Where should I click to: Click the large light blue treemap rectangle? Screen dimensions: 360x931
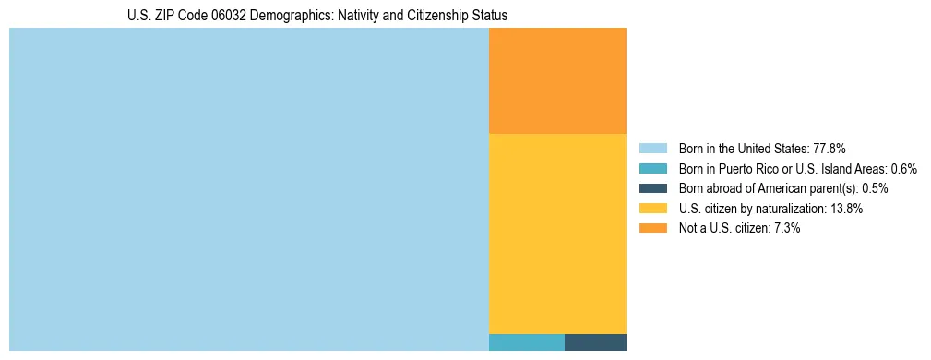[x=248, y=189]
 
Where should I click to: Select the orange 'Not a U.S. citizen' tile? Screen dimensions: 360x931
[x=557, y=81]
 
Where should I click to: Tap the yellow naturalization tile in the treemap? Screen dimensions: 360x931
[x=557, y=234]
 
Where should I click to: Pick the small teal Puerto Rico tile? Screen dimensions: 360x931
[x=526, y=342]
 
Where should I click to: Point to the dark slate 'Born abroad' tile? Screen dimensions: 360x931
[x=595, y=342]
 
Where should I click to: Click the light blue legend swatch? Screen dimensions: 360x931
[x=652, y=149]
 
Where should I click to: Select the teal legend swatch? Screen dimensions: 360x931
[x=652, y=169]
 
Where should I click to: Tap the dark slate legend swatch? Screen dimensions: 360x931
[x=652, y=188]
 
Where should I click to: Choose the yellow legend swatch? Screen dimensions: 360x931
[x=652, y=209]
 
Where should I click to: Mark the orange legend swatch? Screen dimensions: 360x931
[x=652, y=229]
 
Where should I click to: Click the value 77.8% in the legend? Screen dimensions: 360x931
[x=830, y=149]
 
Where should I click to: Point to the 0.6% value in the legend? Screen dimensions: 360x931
[x=903, y=169]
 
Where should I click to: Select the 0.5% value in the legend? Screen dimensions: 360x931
[x=875, y=188]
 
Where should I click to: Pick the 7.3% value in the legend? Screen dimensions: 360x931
[x=784, y=229]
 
